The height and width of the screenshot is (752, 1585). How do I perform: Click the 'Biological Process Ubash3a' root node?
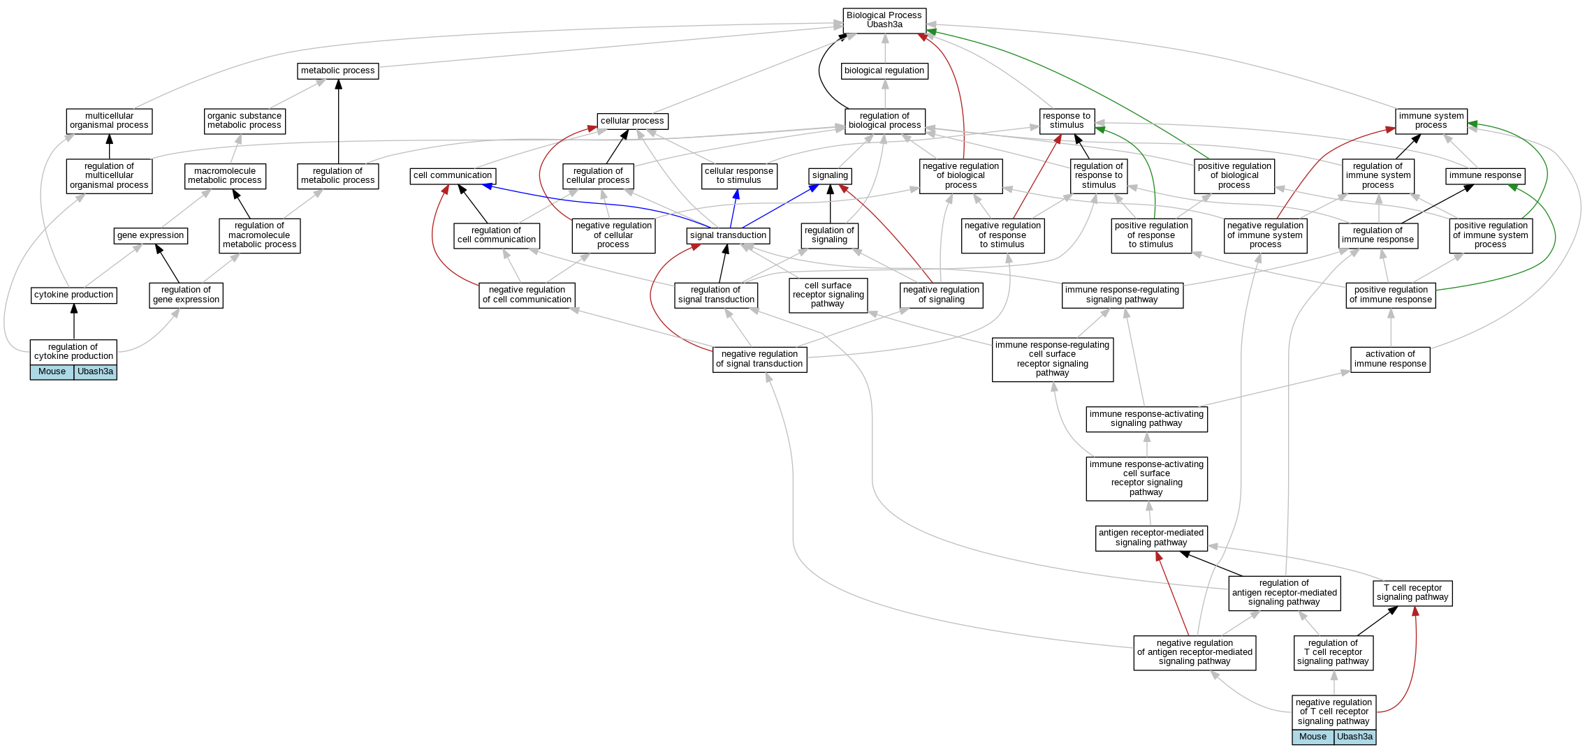(x=884, y=20)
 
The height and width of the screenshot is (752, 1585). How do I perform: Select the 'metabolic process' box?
(x=338, y=71)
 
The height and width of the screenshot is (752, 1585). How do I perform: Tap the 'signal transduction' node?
(x=728, y=236)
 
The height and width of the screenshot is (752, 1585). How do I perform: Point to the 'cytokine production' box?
(x=73, y=295)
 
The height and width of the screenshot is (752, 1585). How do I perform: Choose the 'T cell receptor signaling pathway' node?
(x=1412, y=593)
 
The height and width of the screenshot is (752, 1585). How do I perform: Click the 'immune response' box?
(x=1484, y=176)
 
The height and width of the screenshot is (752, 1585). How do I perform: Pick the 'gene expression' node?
(x=150, y=236)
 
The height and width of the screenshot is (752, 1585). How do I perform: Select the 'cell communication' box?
(x=452, y=176)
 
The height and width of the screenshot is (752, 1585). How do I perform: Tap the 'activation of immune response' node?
(x=1389, y=359)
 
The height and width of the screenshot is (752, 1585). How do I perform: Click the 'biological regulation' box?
(x=884, y=71)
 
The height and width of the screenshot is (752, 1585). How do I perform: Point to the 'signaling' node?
(x=830, y=176)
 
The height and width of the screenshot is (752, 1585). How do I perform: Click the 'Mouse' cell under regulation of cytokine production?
(x=52, y=372)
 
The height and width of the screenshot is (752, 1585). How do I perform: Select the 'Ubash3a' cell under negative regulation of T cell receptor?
(x=1354, y=737)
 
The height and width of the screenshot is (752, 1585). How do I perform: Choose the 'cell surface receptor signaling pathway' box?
(x=828, y=295)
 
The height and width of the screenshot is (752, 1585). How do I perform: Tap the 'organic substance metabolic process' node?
(x=244, y=121)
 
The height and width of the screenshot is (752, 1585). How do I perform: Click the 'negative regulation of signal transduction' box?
(x=759, y=359)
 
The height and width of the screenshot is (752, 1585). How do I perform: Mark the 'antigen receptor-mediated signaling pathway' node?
(x=1151, y=538)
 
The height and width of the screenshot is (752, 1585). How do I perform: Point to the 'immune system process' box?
(x=1431, y=121)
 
